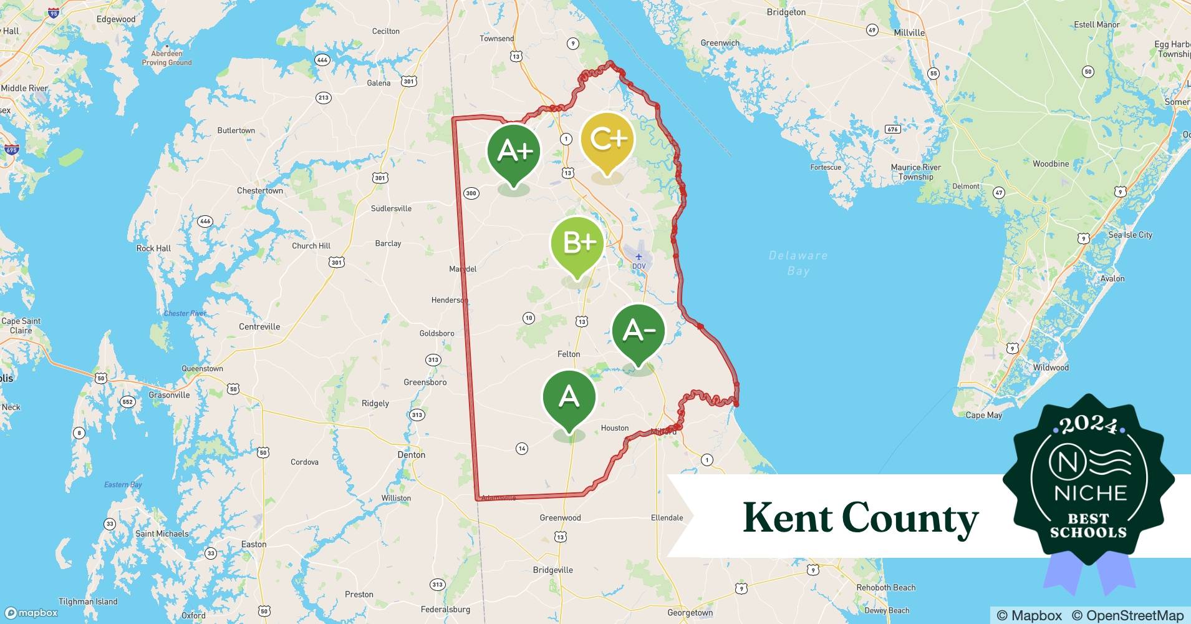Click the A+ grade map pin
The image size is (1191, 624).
513,152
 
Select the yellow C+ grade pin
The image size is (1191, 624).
607,140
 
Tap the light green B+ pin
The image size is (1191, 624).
577,243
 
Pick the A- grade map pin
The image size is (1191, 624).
638,331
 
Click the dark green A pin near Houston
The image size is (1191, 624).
569,397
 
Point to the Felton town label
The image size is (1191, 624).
568,354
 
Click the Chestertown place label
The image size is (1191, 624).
259,190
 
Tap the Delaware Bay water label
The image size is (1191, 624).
798,263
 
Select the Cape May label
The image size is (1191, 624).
983,415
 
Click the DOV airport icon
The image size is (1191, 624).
639,257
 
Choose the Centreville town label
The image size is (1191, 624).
259,326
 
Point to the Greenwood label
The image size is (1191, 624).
560,517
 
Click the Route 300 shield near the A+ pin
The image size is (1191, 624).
471,193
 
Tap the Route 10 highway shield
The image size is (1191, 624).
528,318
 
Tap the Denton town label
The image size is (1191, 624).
411,455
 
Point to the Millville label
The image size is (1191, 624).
909,32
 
